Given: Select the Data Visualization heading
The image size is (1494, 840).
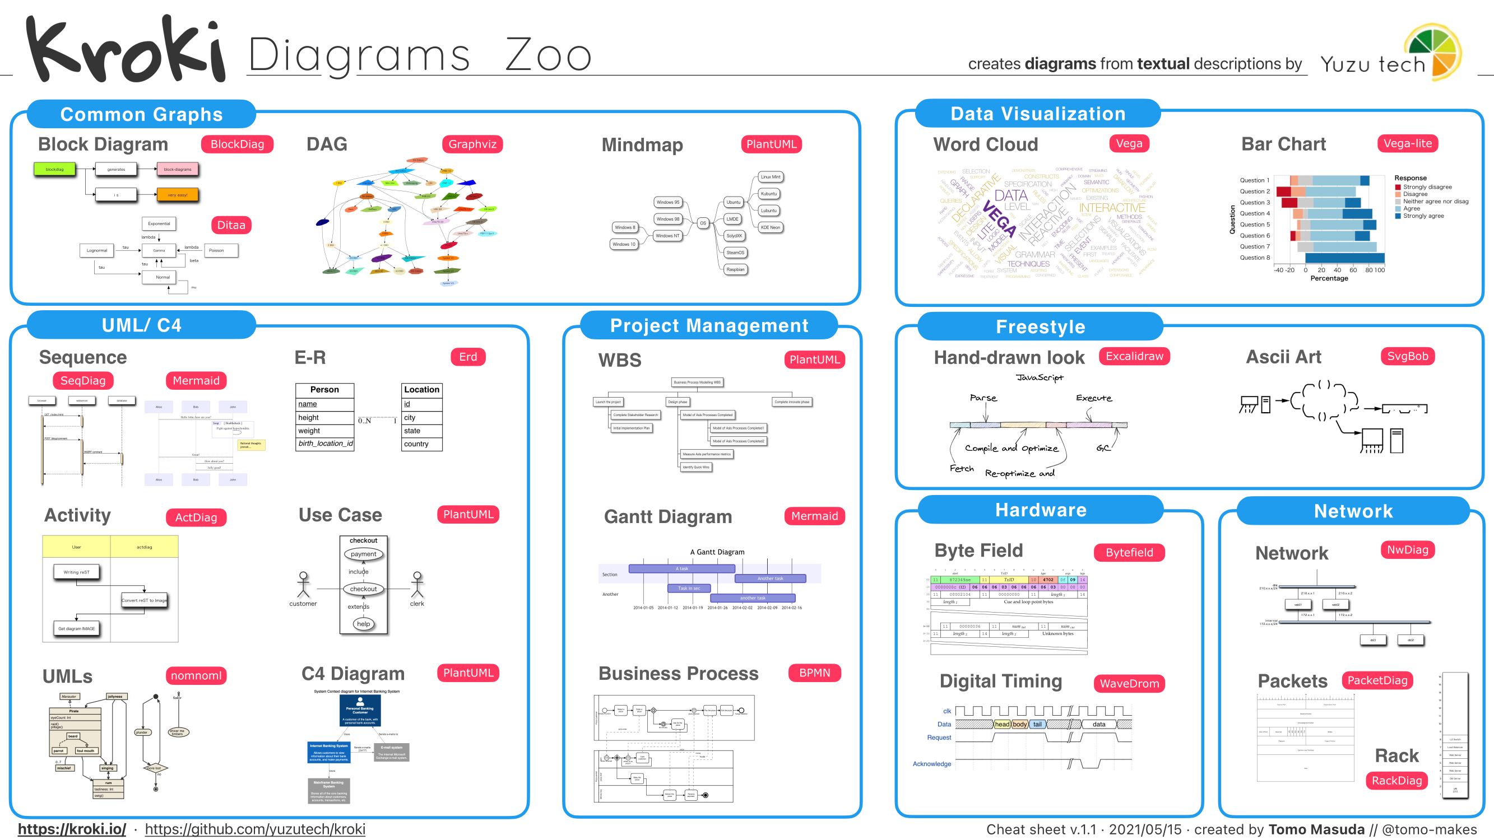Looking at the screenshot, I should click(x=1038, y=114).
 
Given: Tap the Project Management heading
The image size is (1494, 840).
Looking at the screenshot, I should click(x=709, y=325).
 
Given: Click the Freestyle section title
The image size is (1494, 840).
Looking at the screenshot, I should click(x=1041, y=326).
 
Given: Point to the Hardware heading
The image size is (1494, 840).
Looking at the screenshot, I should click(x=1041, y=510).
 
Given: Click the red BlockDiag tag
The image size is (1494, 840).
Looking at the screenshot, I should click(x=236, y=144).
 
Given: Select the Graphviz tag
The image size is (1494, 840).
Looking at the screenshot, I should click(x=472, y=144).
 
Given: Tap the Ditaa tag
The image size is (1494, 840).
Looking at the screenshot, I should click(x=231, y=225).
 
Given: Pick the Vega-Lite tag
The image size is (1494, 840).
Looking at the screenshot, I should click(x=1407, y=143).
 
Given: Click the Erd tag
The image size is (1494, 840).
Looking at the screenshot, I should click(x=467, y=357).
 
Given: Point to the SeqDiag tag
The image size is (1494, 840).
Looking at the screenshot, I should click(x=83, y=380).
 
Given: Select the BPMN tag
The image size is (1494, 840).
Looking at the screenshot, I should click(x=814, y=673).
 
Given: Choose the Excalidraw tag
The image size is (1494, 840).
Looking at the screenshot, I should click(x=1134, y=356).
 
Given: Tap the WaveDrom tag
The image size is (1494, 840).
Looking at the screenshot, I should click(x=1129, y=683).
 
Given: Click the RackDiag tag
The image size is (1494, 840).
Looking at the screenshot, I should click(x=1396, y=780).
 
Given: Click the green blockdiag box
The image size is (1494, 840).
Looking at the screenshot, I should click(x=54, y=169).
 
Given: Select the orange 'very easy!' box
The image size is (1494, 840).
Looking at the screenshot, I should click(x=178, y=194).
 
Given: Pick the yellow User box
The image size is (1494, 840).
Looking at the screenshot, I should click(x=77, y=547).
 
